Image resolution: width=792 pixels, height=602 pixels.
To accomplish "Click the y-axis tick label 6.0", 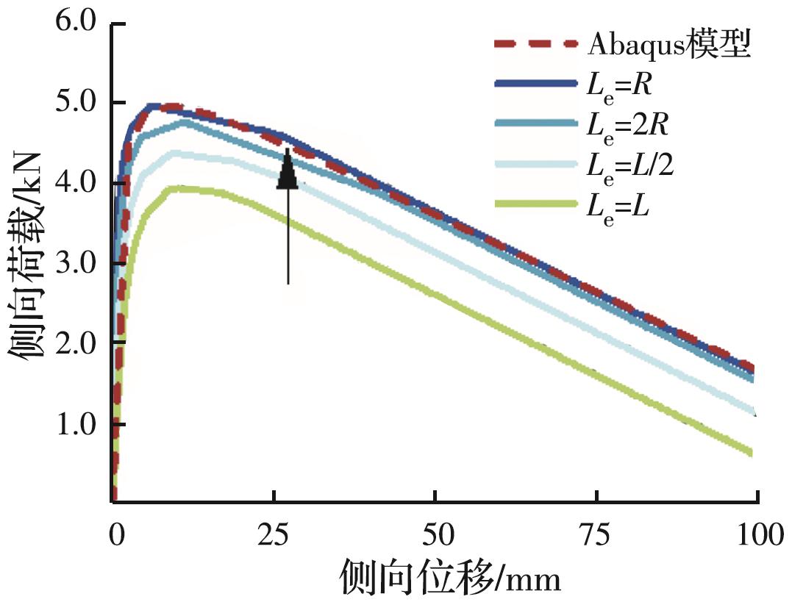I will click(x=76, y=24).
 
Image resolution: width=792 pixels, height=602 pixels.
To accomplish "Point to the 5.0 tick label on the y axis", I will click(x=76, y=104).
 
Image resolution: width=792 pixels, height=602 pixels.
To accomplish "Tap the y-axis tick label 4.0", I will click(x=76, y=184).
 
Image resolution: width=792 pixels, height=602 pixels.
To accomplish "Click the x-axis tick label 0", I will click(x=115, y=534).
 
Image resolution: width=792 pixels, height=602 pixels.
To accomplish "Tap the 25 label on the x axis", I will click(x=274, y=534).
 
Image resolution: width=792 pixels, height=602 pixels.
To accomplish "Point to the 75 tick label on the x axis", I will click(x=596, y=534).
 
